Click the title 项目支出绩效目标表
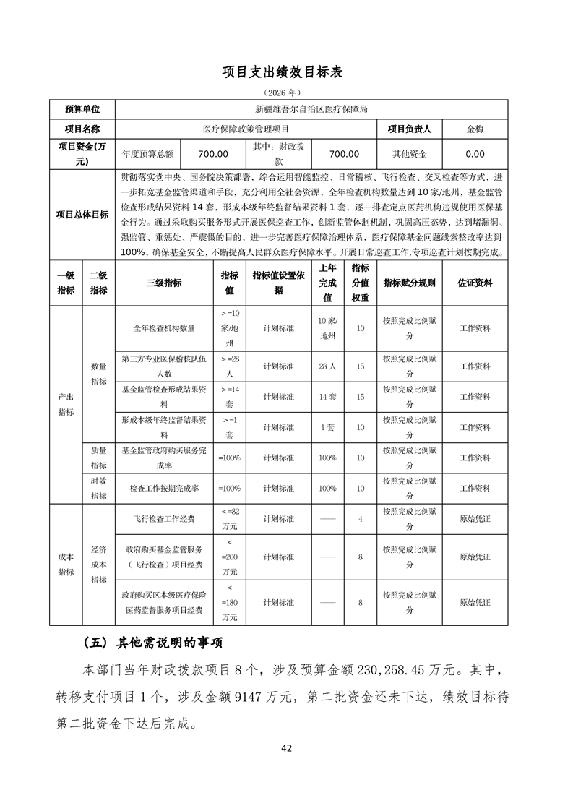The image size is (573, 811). click(x=286, y=72)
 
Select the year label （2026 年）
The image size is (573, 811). click(x=286, y=93)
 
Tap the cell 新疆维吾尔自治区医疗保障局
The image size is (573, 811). click(x=312, y=110)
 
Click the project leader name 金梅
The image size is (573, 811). click(x=475, y=129)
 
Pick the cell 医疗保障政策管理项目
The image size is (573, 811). click(x=246, y=129)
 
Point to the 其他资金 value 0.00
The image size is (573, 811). click(x=475, y=154)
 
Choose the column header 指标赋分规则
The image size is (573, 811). click(x=409, y=283)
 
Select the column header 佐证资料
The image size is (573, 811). click(x=475, y=283)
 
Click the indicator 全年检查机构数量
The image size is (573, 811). click(x=164, y=328)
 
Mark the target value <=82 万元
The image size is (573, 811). click(x=229, y=519)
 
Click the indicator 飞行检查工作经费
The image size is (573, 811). click(x=164, y=519)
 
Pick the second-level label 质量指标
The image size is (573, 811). click(x=98, y=458)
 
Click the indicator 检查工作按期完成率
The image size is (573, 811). click(x=164, y=489)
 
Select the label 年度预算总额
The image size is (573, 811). click(x=148, y=154)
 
